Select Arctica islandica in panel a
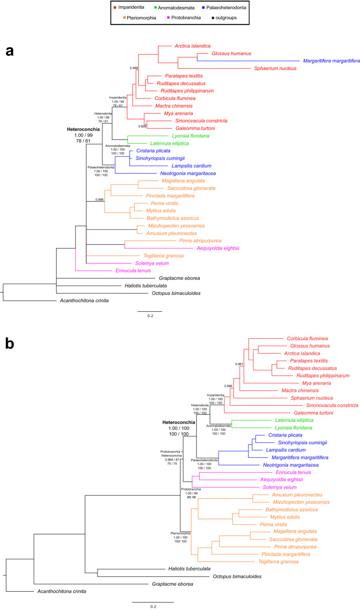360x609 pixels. [x=192, y=46]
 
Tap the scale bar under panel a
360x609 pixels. [x=150, y=311]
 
